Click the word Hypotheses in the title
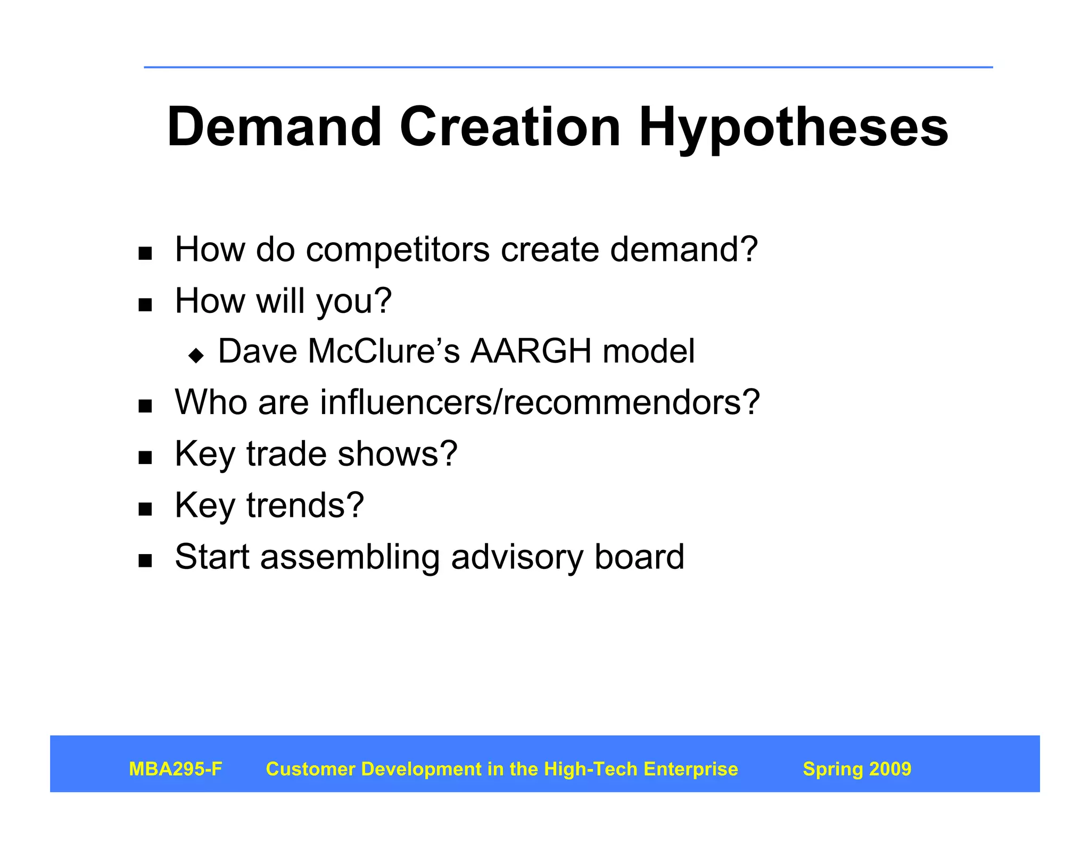[793, 128]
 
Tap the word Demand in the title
[274, 128]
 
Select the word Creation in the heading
[510, 128]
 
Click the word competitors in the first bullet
[397, 250]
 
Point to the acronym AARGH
[531, 351]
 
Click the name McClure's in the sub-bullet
[383, 351]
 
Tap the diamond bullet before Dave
[196, 355]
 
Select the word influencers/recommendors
[540, 402]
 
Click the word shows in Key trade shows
[397, 453]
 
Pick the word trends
[305, 505]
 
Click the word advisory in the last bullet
[516, 557]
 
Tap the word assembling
[350, 557]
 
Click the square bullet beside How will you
[145, 305]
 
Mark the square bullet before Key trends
[145, 509]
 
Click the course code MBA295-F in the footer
[175, 769]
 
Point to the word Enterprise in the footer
[690, 769]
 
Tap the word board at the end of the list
[639, 557]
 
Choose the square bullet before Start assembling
[145, 561]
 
